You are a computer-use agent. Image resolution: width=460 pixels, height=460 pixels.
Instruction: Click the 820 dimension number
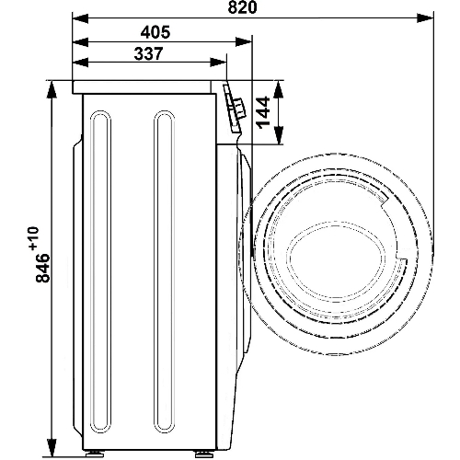click(242, 7)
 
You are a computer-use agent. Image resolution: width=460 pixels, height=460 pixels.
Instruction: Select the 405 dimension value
click(155, 32)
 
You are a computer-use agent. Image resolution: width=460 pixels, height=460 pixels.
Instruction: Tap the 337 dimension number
click(148, 53)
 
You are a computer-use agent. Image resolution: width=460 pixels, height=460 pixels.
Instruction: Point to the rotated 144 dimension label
click(263, 112)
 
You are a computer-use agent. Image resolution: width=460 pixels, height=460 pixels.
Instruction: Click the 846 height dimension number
click(42, 268)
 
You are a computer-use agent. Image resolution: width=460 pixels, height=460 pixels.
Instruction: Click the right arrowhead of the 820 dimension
click(425, 17)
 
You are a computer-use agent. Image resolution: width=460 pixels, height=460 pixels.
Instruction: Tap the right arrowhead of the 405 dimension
click(243, 42)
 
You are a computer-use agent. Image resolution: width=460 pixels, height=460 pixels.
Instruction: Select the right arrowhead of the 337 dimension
click(218, 62)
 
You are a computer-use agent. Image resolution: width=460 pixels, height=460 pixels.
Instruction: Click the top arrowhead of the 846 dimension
click(52, 89)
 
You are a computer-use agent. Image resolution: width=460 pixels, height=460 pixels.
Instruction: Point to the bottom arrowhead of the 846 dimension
click(52, 448)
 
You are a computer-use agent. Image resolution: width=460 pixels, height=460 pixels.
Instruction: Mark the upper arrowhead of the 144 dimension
click(278, 89)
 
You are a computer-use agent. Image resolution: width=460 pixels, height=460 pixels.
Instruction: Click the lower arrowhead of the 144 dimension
click(278, 135)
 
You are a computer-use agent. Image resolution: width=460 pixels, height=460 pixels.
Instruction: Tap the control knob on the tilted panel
click(239, 107)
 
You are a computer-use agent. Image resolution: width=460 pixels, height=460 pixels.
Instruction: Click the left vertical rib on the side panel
click(100, 164)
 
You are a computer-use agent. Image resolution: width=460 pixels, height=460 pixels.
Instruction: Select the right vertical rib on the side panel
click(165, 164)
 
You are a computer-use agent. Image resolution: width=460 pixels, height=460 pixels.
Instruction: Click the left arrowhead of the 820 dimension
click(80, 17)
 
